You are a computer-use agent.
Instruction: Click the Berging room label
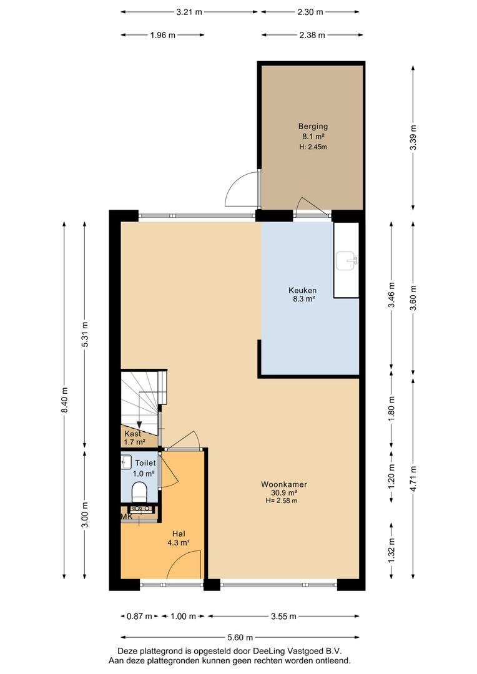[313, 126]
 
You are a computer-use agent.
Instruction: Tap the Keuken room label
[302, 290]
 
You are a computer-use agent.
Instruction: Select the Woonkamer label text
[284, 484]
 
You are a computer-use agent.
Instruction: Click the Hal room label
[179, 534]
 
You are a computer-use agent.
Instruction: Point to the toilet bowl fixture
[139, 492]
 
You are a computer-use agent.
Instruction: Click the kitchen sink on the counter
[347, 260]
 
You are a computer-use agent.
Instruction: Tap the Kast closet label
[132, 434]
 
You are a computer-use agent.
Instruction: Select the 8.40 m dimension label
[64, 400]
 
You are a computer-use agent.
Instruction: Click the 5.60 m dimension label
[240, 637]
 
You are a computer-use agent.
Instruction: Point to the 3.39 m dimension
[413, 137]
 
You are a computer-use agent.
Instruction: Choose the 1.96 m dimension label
[162, 35]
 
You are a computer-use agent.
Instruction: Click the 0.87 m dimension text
[139, 617]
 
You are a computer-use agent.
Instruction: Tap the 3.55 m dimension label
[283, 617]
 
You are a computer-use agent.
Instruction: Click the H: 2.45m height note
[313, 147]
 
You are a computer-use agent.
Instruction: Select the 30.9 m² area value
[284, 493]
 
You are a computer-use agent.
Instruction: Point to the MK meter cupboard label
[127, 517]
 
